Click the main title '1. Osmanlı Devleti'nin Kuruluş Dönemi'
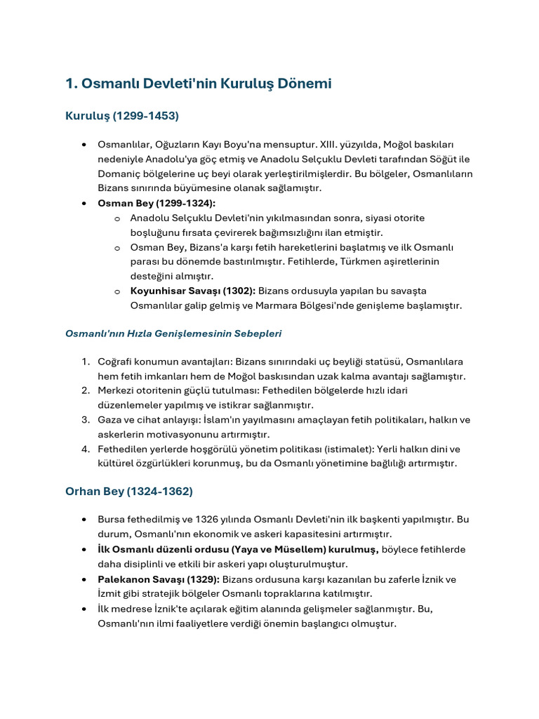[x=198, y=84]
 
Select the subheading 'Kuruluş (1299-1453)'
[x=122, y=115]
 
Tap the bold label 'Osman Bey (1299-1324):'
[x=147, y=203]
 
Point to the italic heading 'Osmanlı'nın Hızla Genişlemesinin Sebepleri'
[x=173, y=334]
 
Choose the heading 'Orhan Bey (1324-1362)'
[x=129, y=491]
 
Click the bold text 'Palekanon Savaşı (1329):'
[x=159, y=579]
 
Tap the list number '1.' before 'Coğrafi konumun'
[x=85, y=362]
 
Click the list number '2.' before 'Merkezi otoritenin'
[x=85, y=390]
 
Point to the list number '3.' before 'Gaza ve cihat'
[x=85, y=420]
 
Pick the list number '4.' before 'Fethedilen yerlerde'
[x=85, y=449]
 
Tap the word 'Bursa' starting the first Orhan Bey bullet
[x=112, y=520]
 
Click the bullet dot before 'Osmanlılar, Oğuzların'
[x=84, y=145]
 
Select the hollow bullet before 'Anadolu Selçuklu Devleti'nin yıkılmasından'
[x=117, y=218]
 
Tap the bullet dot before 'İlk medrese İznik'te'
[x=84, y=608]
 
